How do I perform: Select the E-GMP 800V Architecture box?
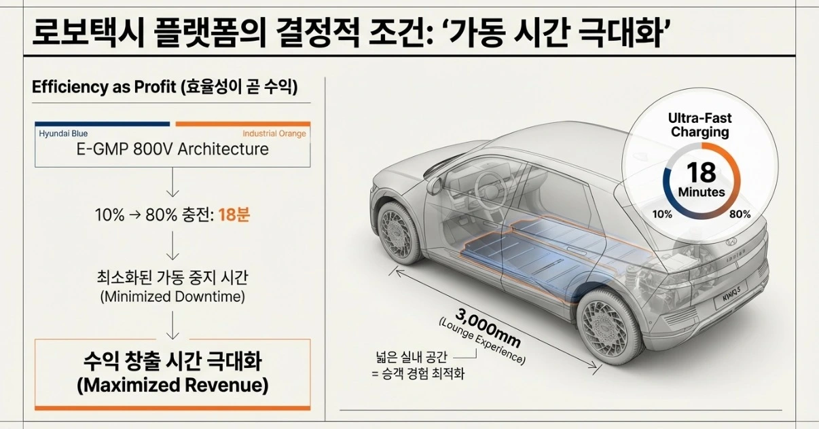[x=172, y=149]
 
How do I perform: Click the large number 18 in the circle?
[x=701, y=172]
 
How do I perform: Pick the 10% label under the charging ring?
[x=661, y=214]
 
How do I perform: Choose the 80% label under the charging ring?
[x=740, y=214]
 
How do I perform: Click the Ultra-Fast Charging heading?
[x=699, y=125]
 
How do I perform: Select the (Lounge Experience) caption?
[x=481, y=340]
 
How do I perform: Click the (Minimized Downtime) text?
[x=172, y=297]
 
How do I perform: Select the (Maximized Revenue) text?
[x=172, y=386]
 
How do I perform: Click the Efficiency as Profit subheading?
[x=164, y=88]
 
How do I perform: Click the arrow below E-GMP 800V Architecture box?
[x=172, y=181]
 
